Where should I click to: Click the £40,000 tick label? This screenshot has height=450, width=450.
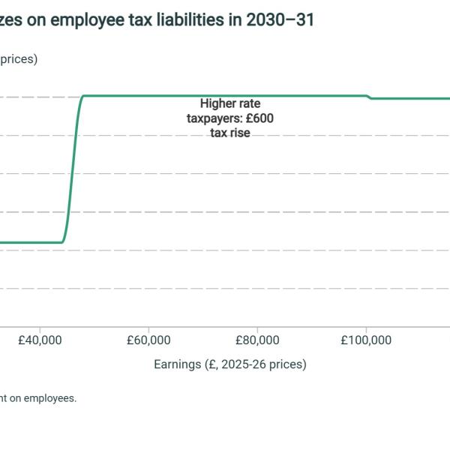click(40, 340)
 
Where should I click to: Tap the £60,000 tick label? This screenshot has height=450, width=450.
click(148, 340)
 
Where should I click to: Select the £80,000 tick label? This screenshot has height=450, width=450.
click(257, 340)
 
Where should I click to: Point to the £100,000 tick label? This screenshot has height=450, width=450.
click(366, 340)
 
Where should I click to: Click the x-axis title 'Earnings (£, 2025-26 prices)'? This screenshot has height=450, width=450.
click(230, 364)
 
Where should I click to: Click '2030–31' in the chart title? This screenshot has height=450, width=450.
click(285, 20)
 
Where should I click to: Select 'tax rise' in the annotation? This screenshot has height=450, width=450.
click(230, 133)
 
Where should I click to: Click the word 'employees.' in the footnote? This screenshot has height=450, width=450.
click(49, 398)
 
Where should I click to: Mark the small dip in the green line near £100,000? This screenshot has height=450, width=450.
click(370, 97)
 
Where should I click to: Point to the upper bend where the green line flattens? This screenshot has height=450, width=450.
click(82, 97)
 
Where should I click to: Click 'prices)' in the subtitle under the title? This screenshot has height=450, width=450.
click(18, 59)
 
